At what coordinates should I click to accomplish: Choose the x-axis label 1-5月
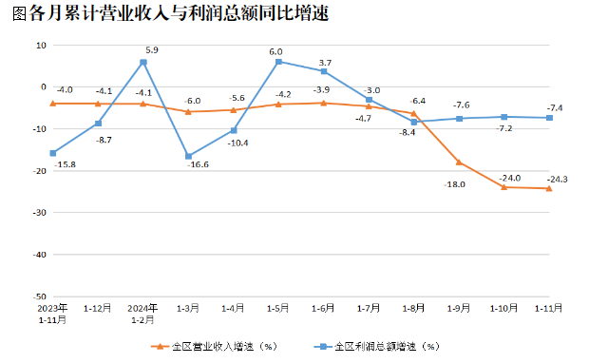(x=277, y=309)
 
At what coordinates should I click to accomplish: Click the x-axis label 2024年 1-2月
(x=142, y=315)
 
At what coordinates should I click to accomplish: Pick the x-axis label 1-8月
(x=413, y=309)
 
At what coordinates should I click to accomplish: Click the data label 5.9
(x=152, y=49)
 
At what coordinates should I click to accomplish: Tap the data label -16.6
(x=198, y=166)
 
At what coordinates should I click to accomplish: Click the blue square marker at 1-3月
(x=188, y=156)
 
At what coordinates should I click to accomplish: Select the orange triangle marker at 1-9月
(x=459, y=162)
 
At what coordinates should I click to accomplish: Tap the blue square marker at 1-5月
(x=278, y=62)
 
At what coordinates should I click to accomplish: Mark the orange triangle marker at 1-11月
(x=549, y=188)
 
